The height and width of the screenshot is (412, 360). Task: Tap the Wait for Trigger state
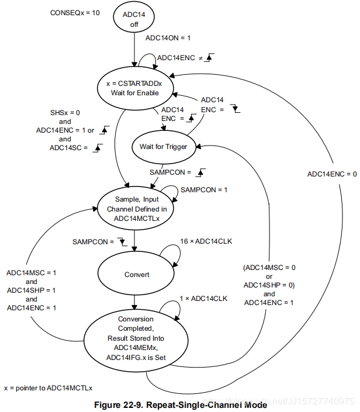pyautogui.click(x=163, y=146)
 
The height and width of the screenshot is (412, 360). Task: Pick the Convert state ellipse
pyautogui.click(x=137, y=274)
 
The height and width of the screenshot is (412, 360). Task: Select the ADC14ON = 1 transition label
pyautogui.click(x=168, y=37)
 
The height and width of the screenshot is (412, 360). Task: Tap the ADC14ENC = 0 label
pyautogui.click(x=331, y=174)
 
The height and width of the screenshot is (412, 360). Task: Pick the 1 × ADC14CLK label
pyautogui.click(x=203, y=299)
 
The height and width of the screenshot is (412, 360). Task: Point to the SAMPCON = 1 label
pyautogui.click(x=203, y=190)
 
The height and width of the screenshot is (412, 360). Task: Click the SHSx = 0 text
pyautogui.click(x=68, y=112)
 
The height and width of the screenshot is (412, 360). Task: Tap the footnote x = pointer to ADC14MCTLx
pyautogui.click(x=49, y=387)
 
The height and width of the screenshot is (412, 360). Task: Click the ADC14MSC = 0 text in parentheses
pyautogui.click(x=269, y=267)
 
